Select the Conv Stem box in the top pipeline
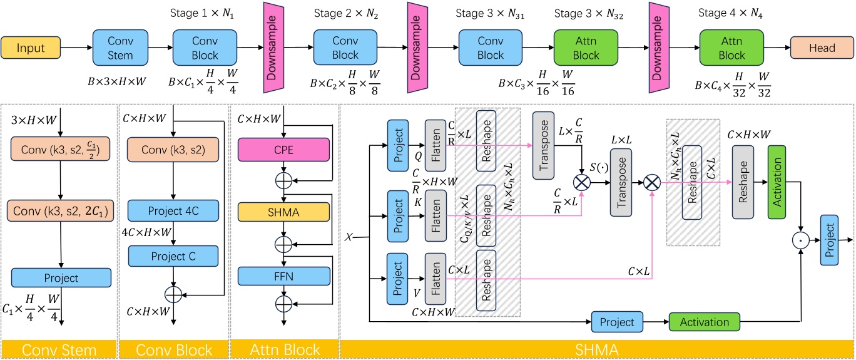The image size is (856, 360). pos(121,47)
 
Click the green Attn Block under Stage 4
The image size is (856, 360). pos(731,47)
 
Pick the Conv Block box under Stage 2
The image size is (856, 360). pos(345,47)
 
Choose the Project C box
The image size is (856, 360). pos(173,256)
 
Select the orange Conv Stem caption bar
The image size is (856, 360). pos(59,349)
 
